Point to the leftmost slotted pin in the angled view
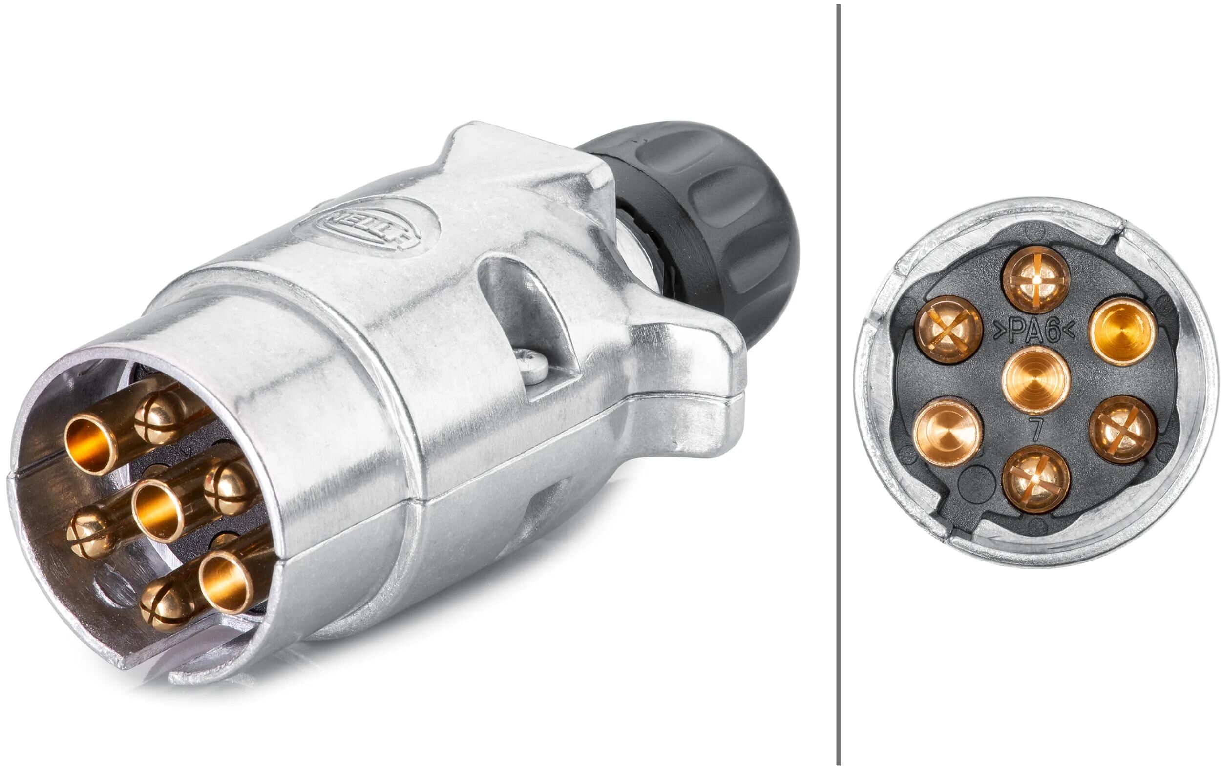click(x=89, y=532)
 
